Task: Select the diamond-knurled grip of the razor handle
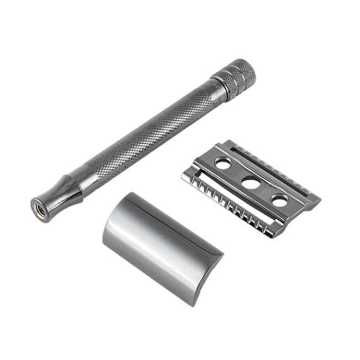pyautogui.click(x=145, y=126)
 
